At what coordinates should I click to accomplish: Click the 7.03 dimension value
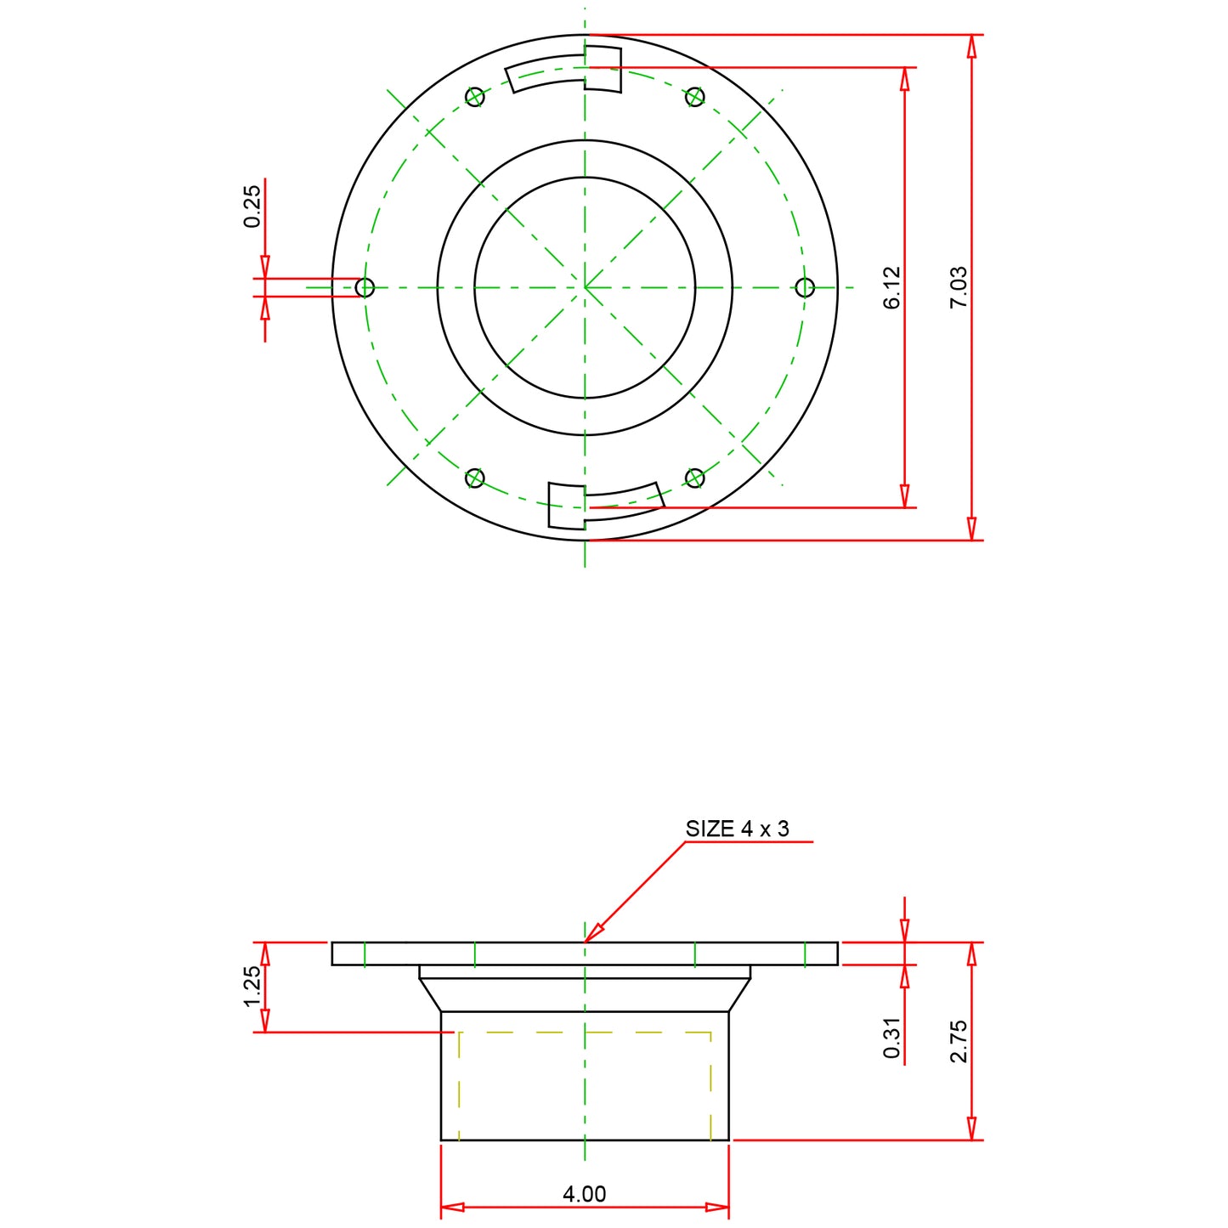click(x=959, y=287)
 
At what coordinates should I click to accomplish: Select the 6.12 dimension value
click(x=891, y=287)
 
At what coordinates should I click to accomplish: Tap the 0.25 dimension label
click(x=252, y=207)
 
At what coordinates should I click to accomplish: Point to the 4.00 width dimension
click(x=585, y=1194)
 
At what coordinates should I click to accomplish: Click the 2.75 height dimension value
click(x=959, y=1041)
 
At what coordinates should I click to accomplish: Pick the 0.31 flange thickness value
click(x=891, y=1038)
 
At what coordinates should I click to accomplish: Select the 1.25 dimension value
click(x=252, y=987)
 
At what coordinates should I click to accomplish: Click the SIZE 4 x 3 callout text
click(x=737, y=829)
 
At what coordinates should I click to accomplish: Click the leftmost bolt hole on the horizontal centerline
click(x=365, y=287)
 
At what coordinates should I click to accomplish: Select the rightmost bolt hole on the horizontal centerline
click(x=805, y=287)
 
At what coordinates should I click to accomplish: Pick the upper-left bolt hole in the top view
click(x=475, y=97)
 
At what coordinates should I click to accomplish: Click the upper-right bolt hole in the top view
click(x=695, y=97)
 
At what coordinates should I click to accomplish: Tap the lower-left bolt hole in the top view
click(x=475, y=478)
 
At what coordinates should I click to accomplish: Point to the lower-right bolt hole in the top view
click(x=695, y=478)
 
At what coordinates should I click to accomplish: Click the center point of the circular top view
click(x=585, y=287)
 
